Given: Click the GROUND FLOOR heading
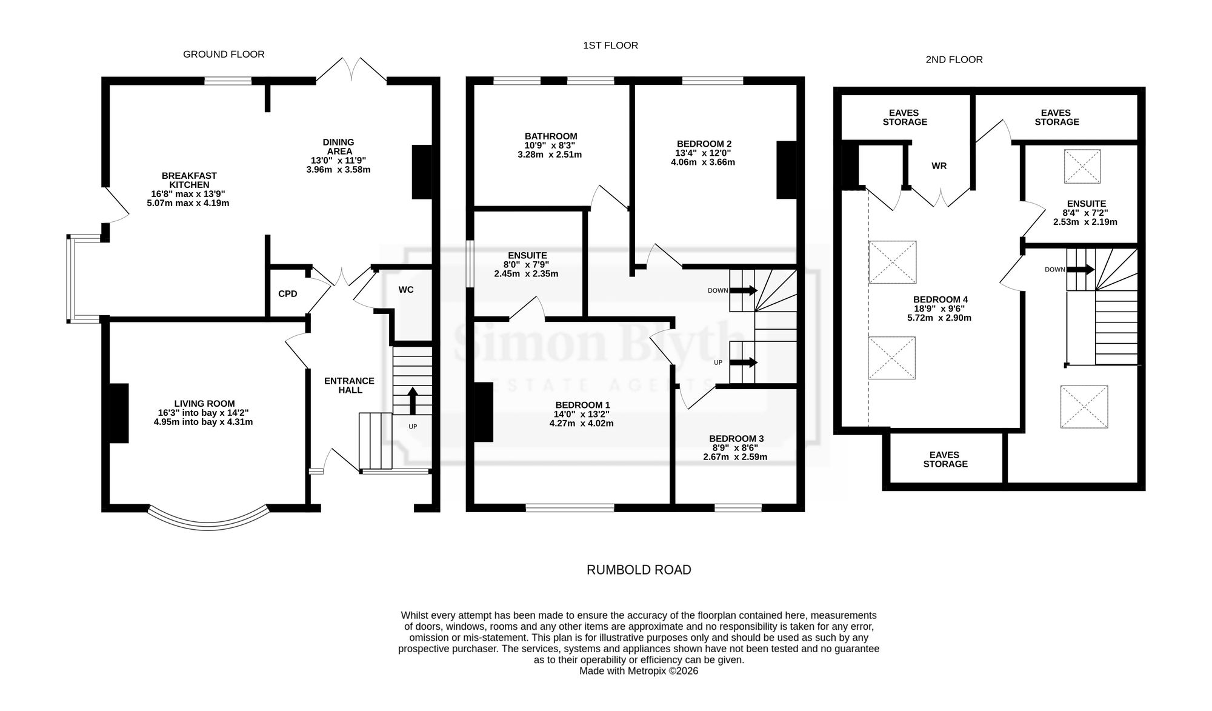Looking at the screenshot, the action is coord(224,55).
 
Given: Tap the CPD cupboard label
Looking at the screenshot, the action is coord(288,294).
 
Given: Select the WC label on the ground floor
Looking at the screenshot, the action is coord(406,290).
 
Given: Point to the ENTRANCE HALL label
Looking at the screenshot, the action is coord(350,386).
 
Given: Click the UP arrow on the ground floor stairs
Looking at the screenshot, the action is coord(413,400).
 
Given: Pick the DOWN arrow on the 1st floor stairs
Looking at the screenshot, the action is coord(745,290).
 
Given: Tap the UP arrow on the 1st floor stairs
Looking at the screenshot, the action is coord(745,362).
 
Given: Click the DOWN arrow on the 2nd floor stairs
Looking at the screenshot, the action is coord(1081,269).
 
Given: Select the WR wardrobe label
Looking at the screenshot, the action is coord(939,165).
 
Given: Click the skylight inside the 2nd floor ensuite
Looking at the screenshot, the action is coord(1082,166).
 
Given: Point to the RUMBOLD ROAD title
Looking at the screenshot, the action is coord(639,570).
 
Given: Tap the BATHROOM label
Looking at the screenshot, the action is coord(551,136).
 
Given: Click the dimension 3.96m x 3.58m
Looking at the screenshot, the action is coord(338,170).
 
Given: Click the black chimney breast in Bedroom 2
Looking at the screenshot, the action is coord(786,170).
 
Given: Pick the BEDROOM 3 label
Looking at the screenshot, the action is coord(736,439).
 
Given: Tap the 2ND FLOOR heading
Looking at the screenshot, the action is coord(954,59).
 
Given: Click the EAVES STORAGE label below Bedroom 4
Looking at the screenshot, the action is coord(945,459).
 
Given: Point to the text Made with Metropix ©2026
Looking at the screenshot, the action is coord(639,671).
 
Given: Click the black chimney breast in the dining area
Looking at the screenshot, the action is coord(421,172).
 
